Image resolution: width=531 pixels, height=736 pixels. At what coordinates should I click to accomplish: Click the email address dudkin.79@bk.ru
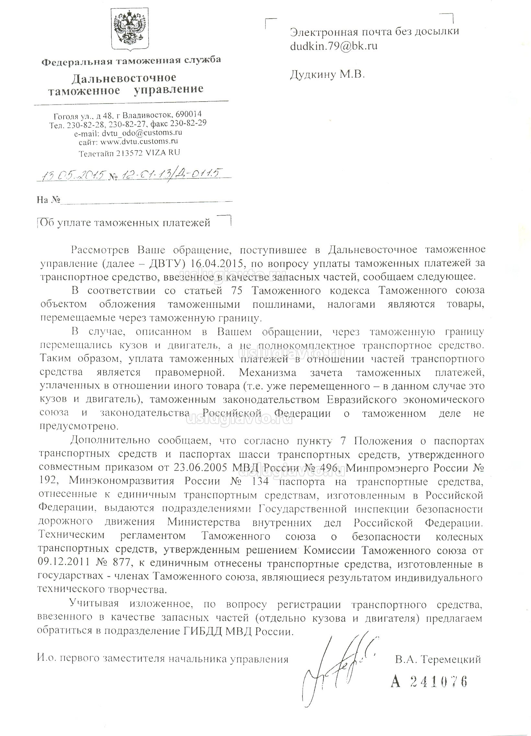point(334,46)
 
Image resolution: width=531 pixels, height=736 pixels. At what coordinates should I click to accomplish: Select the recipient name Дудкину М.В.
point(327,75)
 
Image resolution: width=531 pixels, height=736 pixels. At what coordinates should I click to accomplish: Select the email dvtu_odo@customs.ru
point(142,133)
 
